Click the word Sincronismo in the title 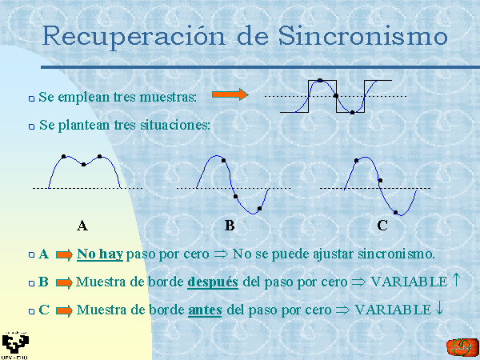click(x=363, y=36)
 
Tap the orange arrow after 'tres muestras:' click(x=230, y=94)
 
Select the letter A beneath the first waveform click(x=82, y=226)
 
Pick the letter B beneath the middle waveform click(x=230, y=226)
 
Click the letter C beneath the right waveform click(x=382, y=226)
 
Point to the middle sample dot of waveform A click(x=83, y=165)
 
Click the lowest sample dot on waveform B click(x=259, y=209)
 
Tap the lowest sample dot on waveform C click(x=395, y=213)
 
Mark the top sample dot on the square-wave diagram click(x=320, y=81)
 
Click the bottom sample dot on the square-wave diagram click(x=352, y=113)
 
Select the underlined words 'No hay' click(x=100, y=254)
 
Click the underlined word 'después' click(x=213, y=282)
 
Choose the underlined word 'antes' click(x=205, y=310)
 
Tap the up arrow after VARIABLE click(x=456, y=280)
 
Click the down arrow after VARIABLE click(x=439, y=308)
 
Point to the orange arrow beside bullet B click(x=64, y=282)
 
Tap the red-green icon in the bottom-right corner click(x=462, y=348)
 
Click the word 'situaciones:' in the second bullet click(x=175, y=125)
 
